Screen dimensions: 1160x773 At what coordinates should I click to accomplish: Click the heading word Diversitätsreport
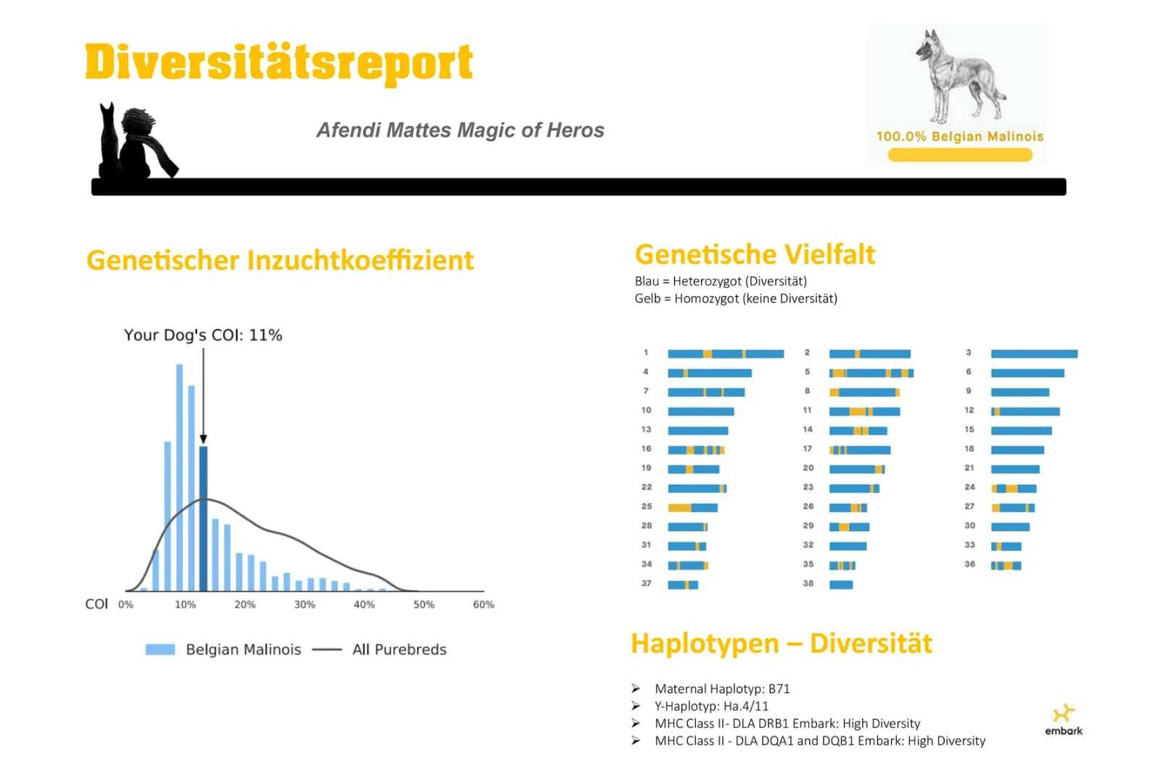click(x=279, y=63)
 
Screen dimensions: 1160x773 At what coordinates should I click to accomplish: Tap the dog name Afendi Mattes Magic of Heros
click(x=460, y=130)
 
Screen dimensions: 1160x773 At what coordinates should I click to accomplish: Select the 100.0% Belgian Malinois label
click(x=960, y=136)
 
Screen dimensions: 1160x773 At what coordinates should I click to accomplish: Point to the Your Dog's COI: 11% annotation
click(x=203, y=335)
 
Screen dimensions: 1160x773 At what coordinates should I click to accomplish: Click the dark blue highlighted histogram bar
click(x=204, y=518)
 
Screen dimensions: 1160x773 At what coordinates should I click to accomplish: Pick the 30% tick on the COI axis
click(x=304, y=605)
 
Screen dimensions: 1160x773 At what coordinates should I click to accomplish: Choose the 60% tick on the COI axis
click(x=484, y=605)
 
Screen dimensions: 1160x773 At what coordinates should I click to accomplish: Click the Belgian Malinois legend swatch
click(x=160, y=650)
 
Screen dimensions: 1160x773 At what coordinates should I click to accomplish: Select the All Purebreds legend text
click(x=399, y=650)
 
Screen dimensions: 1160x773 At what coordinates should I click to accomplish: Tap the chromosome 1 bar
click(x=726, y=354)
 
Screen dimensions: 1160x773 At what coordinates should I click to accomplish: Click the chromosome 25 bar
click(x=692, y=508)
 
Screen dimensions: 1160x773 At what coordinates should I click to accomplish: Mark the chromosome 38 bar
click(x=841, y=585)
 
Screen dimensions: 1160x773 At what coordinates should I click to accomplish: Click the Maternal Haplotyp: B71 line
click(x=722, y=689)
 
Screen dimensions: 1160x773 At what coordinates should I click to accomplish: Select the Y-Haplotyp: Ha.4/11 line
click(x=711, y=706)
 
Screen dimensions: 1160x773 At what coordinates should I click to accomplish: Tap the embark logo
click(x=1064, y=719)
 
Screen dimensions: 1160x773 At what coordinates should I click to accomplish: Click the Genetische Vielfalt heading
click(x=755, y=255)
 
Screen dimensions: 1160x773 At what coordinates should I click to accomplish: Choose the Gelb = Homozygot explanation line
click(x=736, y=299)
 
